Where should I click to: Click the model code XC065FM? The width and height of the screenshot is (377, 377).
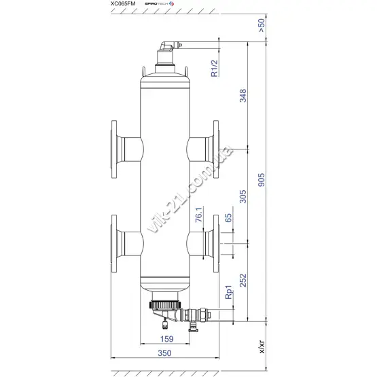123,3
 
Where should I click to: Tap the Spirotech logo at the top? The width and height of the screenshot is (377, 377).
159,3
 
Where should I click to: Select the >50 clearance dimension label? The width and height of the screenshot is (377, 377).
261,26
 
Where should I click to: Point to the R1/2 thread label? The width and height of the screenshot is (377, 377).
214,69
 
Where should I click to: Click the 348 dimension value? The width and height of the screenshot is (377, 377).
243,96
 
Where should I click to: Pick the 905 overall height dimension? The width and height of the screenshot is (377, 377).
261,180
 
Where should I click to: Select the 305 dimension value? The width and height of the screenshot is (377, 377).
243,196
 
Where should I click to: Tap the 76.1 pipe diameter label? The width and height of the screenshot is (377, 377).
199,215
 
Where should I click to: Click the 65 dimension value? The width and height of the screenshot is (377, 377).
228,218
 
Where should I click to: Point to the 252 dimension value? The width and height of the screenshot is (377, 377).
243,281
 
